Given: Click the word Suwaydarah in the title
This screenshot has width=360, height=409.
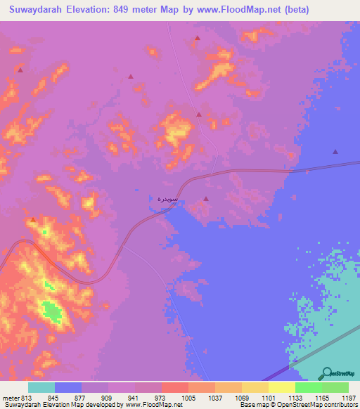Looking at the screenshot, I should point(35,10).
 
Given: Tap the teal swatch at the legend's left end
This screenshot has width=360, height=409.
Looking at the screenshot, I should point(41,387).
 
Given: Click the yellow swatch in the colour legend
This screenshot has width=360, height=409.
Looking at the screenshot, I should point(281,387).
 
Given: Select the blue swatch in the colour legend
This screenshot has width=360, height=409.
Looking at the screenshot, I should point(68,387).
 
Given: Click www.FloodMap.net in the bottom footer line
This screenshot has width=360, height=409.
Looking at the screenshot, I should point(153,405).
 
